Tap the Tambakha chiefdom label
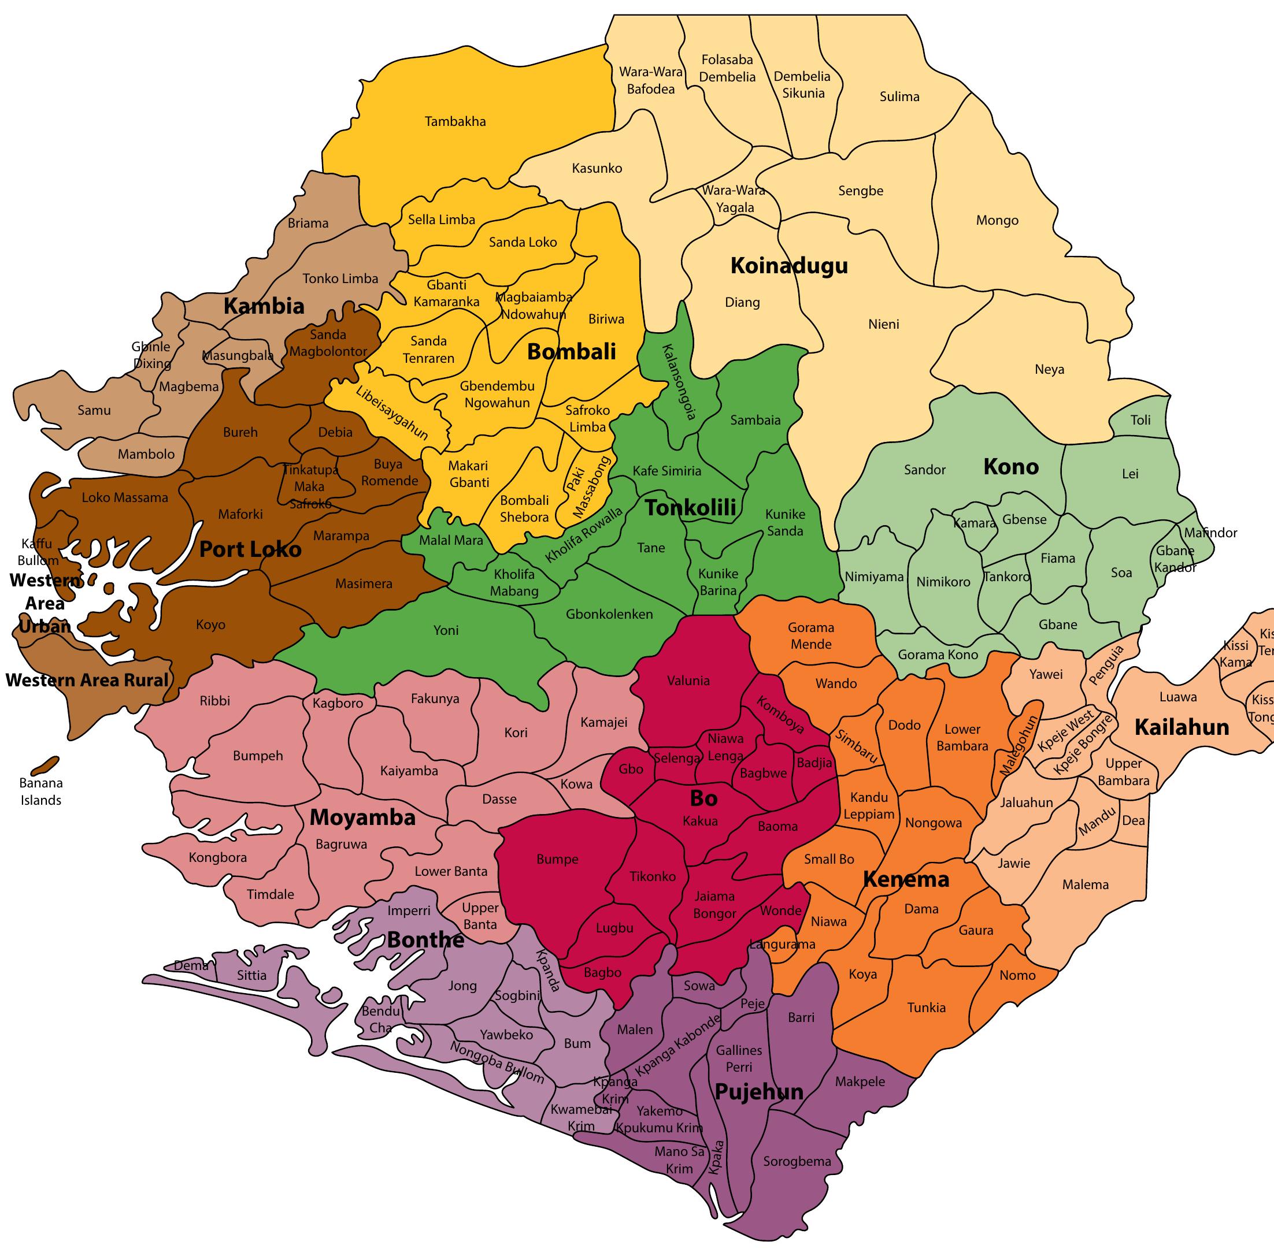(455, 121)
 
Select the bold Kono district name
(1010, 467)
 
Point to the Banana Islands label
(41, 791)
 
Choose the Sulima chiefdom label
(899, 97)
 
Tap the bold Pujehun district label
(759, 1091)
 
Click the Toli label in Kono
(1140, 420)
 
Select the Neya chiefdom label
(1049, 369)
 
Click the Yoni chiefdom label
(446, 630)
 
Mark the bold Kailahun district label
(1182, 727)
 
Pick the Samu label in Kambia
(94, 410)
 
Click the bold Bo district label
(703, 798)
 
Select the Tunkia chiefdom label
(926, 1008)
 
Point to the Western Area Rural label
(87, 680)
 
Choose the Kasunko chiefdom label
(597, 168)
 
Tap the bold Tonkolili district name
(690, 507)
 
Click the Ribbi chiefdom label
(215, 701)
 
